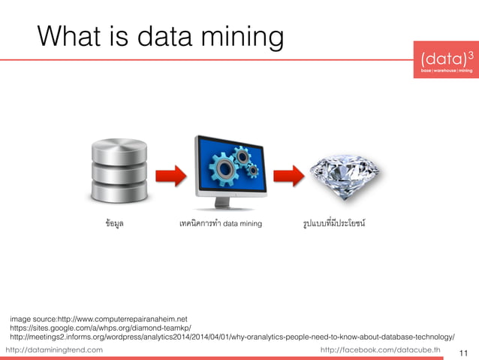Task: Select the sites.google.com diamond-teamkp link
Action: [101, 328]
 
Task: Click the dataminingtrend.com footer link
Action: [54, 350]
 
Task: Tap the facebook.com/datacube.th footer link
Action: [381, 350]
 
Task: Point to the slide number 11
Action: [463, 352]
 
